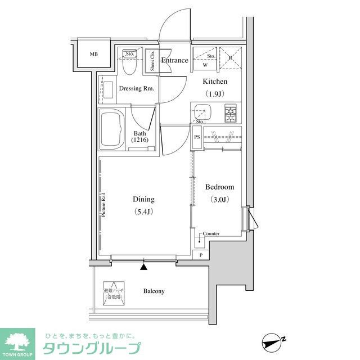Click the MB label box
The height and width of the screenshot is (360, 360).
click(93, 55)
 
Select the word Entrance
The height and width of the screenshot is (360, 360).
click(174, 60)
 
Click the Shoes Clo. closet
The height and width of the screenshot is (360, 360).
click(152, 61)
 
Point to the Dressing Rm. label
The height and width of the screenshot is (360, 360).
click(137, 89)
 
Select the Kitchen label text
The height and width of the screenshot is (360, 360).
click(215, 82)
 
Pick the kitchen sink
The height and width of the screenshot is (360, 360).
click(201, 112)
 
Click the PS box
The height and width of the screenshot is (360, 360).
click(197, 137)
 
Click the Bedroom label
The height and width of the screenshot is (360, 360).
click(219, 187)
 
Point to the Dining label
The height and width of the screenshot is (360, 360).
click(143, 199)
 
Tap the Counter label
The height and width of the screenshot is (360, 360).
click(211, 233)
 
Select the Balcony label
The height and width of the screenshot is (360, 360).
click(154, 291)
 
